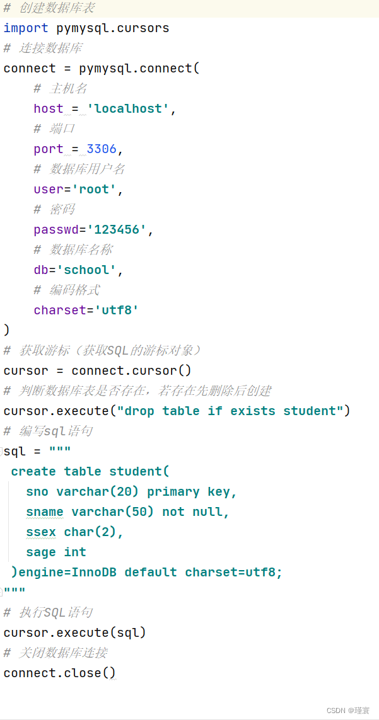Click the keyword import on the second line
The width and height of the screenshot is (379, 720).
[26, 28]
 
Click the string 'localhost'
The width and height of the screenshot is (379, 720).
[129, 108]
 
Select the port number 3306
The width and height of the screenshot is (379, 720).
[102, 149]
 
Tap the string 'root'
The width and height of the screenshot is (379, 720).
[95, 189]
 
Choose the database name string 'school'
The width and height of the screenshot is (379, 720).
[86, 270]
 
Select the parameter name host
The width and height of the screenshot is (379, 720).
[49, 108]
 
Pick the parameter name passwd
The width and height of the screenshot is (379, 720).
[56, 229]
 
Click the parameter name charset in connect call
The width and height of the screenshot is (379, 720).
[60, 310]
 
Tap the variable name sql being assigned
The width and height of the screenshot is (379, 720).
[15, 451]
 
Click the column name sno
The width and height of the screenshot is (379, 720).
[37, 491]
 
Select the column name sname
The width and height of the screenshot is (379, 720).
[45, 511]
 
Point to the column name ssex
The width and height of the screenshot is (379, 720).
[41, 532]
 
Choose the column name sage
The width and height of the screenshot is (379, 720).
[41, 552]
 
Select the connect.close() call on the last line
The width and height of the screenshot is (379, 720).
[60, 673]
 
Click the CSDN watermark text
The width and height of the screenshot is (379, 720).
[348, 710]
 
